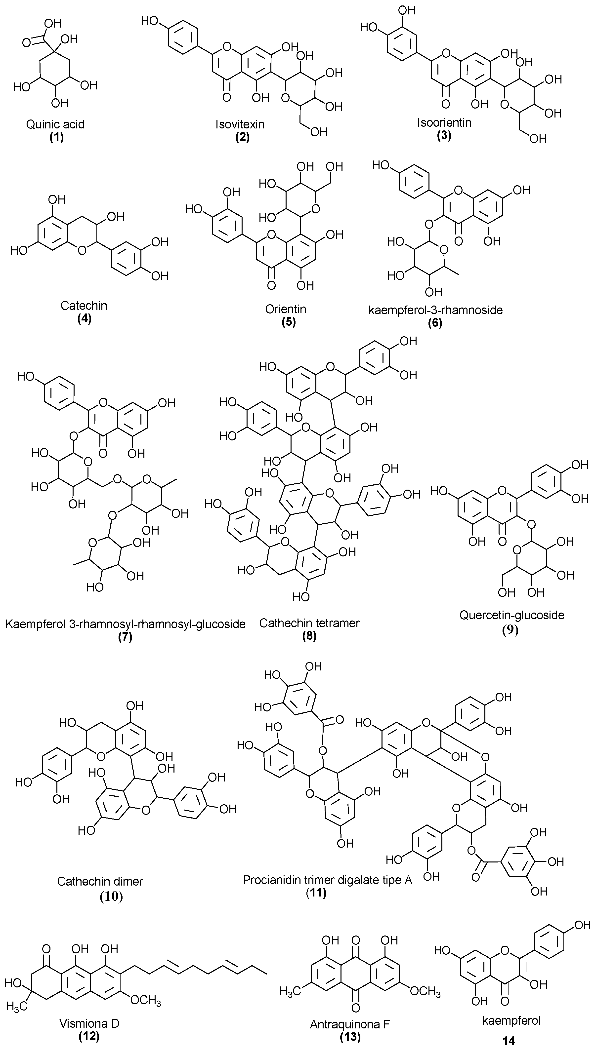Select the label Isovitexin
coord(240,124)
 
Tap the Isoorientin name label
coord(444,122)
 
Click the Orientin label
coord(285,309)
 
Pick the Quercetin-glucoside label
coord(511,615)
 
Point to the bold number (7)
coord(125,637)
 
